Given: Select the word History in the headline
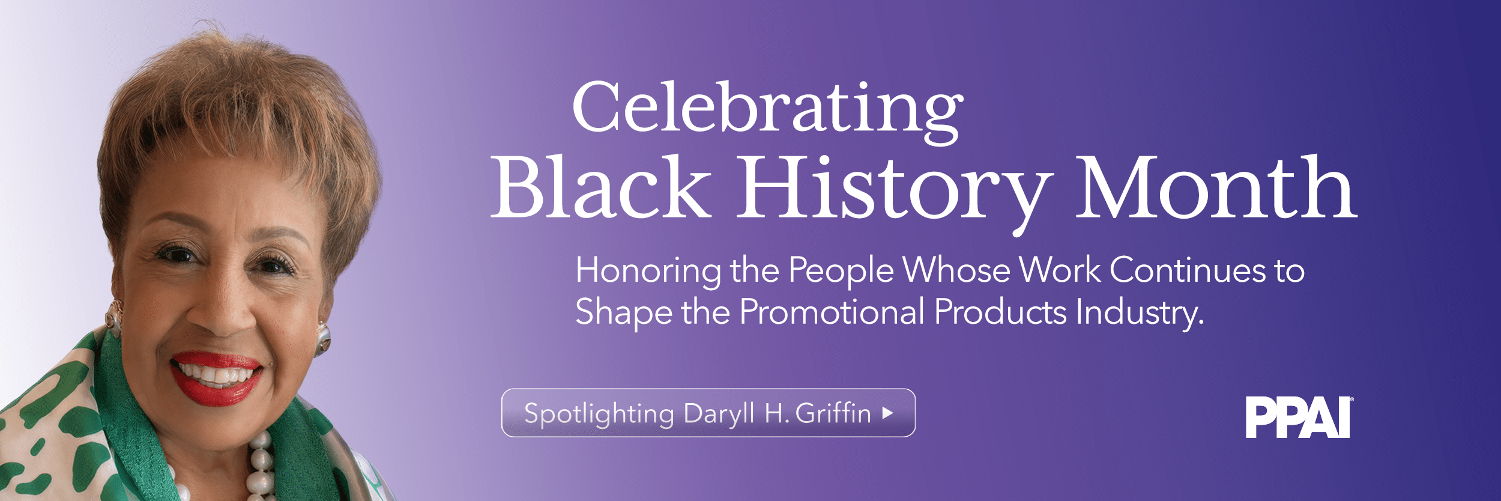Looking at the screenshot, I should pyautogui.click(x=895, y=187).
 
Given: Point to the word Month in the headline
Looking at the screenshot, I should pyautogui.click(x=1215, y=187).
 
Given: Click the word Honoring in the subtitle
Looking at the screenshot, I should pyautogui.click(x=648, y=271).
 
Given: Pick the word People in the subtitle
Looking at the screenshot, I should pyautogui.click(x=841, y=271).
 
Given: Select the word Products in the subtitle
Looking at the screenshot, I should pyautogui.click(x=1000, y=312).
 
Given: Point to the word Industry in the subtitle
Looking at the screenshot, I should pyautogui.click(x=1140, y=312).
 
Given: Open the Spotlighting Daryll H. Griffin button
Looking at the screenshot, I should pyautogui.click(x=708, y=413).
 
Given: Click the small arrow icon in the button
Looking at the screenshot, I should pyautogui.click(x=888, y=413).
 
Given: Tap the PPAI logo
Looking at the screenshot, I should pyautogui.click(x=1299, y=417).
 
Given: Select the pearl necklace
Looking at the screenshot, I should pyautogui.click(x=262, y=469).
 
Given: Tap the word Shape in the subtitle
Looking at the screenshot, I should pyautogui.click(x=624, y=312).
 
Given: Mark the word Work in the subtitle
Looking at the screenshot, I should pyautogui.click(x=1060, y=271).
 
